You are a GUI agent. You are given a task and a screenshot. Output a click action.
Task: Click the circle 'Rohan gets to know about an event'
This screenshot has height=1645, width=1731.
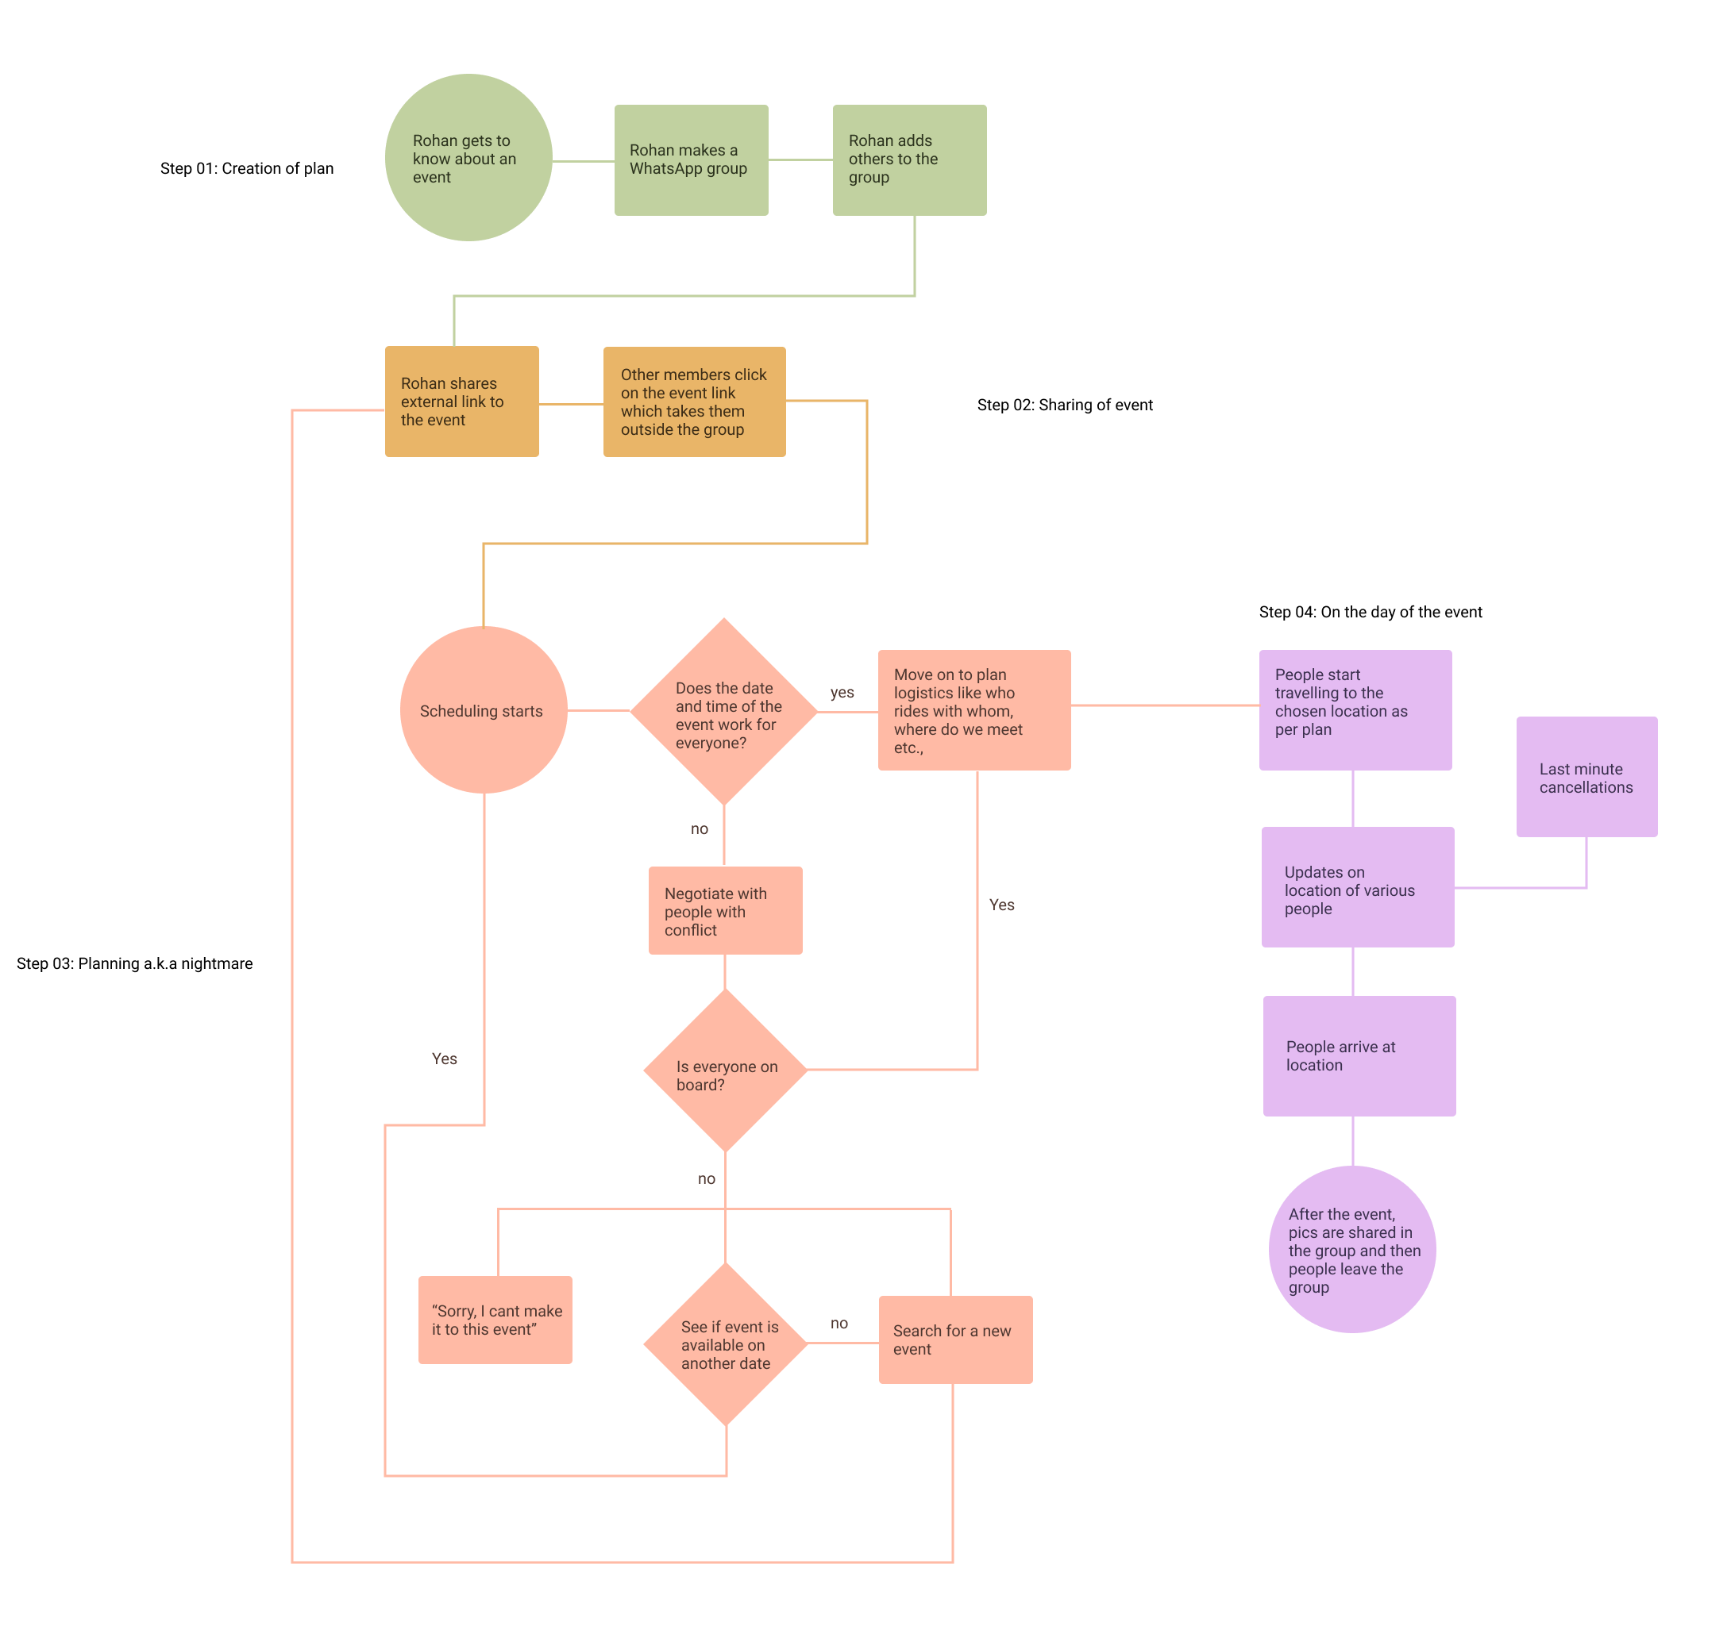(x=468, y=158)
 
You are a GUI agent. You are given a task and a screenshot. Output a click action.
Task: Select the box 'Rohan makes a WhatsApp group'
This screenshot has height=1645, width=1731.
(x=692, y=160)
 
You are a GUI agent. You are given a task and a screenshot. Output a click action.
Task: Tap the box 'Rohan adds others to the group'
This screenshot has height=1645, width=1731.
(x=909, y=160)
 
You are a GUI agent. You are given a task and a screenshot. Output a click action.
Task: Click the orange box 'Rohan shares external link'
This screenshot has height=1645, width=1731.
(x=461, y=402)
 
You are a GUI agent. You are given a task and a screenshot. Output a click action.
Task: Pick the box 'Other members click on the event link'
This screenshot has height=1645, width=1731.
(x=694, y=402)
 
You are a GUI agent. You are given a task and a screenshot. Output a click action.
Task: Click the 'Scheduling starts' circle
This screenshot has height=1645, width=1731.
(x=484, y=710)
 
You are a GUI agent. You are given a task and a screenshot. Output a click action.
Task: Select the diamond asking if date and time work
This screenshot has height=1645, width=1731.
(x=724, y=712)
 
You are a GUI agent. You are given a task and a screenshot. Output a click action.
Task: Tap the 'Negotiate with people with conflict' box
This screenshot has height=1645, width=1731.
(x=725, y=910)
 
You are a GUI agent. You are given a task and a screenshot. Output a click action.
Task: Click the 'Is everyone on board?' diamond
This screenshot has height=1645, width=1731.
(x=725, y=1070)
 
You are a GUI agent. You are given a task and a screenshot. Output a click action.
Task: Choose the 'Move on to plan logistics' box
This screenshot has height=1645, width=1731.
(x=973, y=710)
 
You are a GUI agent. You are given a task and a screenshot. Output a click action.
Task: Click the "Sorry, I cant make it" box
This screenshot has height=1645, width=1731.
(x=495, y=1320)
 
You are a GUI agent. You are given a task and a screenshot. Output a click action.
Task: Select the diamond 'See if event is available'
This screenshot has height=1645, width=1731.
(x=725, y=1343)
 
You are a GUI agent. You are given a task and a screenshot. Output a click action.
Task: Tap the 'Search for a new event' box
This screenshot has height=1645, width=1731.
(x=955, y=1339)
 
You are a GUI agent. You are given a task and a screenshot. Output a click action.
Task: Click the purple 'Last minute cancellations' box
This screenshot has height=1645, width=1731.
(x=1586, y=777)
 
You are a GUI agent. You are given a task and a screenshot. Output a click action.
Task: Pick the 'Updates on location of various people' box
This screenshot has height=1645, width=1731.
(x=1357, y=887)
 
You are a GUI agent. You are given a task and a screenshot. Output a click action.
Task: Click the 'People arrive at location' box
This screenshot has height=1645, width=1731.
(x=1359, y=1055)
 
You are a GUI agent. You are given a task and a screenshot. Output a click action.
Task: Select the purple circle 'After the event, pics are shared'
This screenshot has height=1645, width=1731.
(x=1352, y=1250)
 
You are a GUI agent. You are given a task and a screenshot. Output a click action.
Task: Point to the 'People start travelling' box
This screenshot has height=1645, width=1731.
(x=1355, y=710)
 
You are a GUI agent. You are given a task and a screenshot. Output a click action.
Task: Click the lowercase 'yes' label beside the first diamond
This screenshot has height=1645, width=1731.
(x=842, y=692)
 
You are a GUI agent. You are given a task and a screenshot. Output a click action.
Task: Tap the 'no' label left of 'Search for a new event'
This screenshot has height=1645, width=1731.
(x=839, y=1323)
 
